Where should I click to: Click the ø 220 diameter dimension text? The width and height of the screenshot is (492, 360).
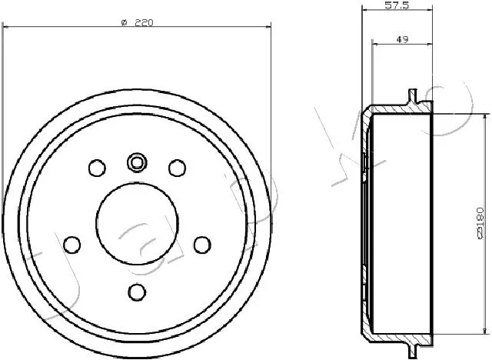pyautogui.click(x=138, y=22)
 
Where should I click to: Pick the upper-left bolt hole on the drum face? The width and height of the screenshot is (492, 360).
pyautogui.click(x=97, y=168)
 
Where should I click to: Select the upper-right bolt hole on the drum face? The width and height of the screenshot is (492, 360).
pyautogui.click(x=177, y=168)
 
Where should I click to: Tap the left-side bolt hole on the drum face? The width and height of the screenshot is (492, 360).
pyautogui.click(x=72, y=244)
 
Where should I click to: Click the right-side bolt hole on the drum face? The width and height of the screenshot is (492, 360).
pyautogui.click(x=201, y=244)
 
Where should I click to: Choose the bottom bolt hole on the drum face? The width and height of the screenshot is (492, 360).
pyautogui.click(x=137, y=292)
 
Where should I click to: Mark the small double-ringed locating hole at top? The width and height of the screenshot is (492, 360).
pyautogui.click(x=137, y=162)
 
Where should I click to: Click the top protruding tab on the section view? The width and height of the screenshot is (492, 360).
pyautogui.click(x=414, y=98)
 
